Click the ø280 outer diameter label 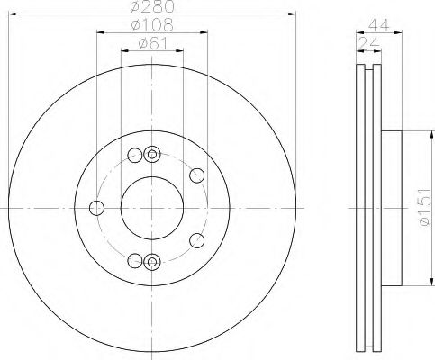click(x=152, y=6)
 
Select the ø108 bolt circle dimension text click(x=152, y=25)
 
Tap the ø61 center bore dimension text click(x=153, y=44)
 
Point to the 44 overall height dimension click(x=379, y=25)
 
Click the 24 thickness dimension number click(x=369, y=44)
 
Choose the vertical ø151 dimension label click(x=424, y=207)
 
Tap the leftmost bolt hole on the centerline click(x=96, y=208)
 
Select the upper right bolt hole click(x=197, y=175)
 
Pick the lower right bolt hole click(x=197, y=240)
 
